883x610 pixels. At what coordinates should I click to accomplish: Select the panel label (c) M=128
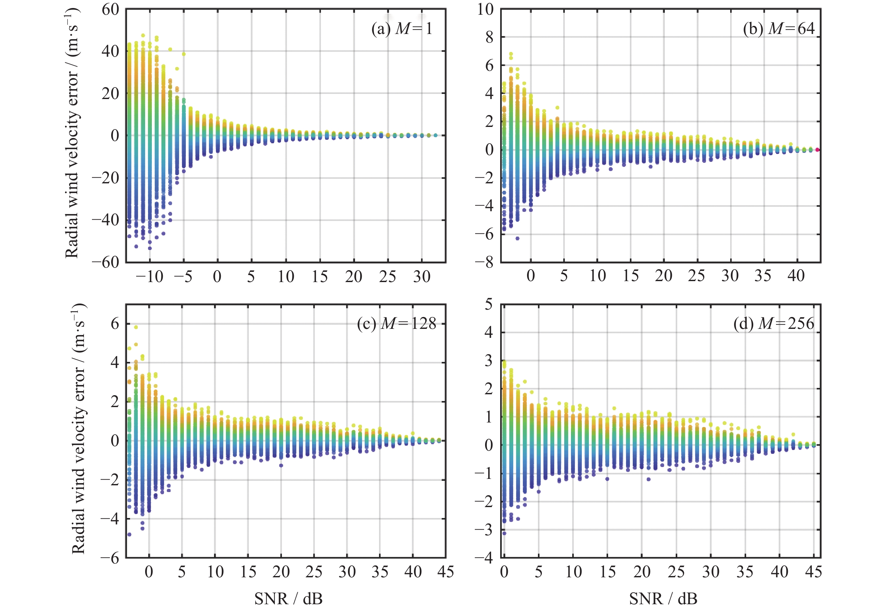(x=396, y=324)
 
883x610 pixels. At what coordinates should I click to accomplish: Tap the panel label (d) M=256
(x=773, y=324)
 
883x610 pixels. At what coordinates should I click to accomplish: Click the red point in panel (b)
(x=817, y=150)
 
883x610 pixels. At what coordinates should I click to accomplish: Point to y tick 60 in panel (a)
(x=110, y=10)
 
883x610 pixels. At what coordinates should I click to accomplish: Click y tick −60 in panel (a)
(x=105, y=262)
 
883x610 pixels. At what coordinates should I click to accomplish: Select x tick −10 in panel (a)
(x=149, y=277)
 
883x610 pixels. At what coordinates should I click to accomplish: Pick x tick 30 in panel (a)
(x=422, y=277)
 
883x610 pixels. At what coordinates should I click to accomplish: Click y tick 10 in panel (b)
(x=485, y=10)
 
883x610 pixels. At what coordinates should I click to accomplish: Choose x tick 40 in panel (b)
(x=796, y=276)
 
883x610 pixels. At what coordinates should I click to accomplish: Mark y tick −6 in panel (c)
(x=110, y=558)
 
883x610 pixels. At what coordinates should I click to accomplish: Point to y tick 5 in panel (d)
(x=489, y=305)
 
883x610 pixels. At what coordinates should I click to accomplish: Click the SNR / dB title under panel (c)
(x=288, y=599)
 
